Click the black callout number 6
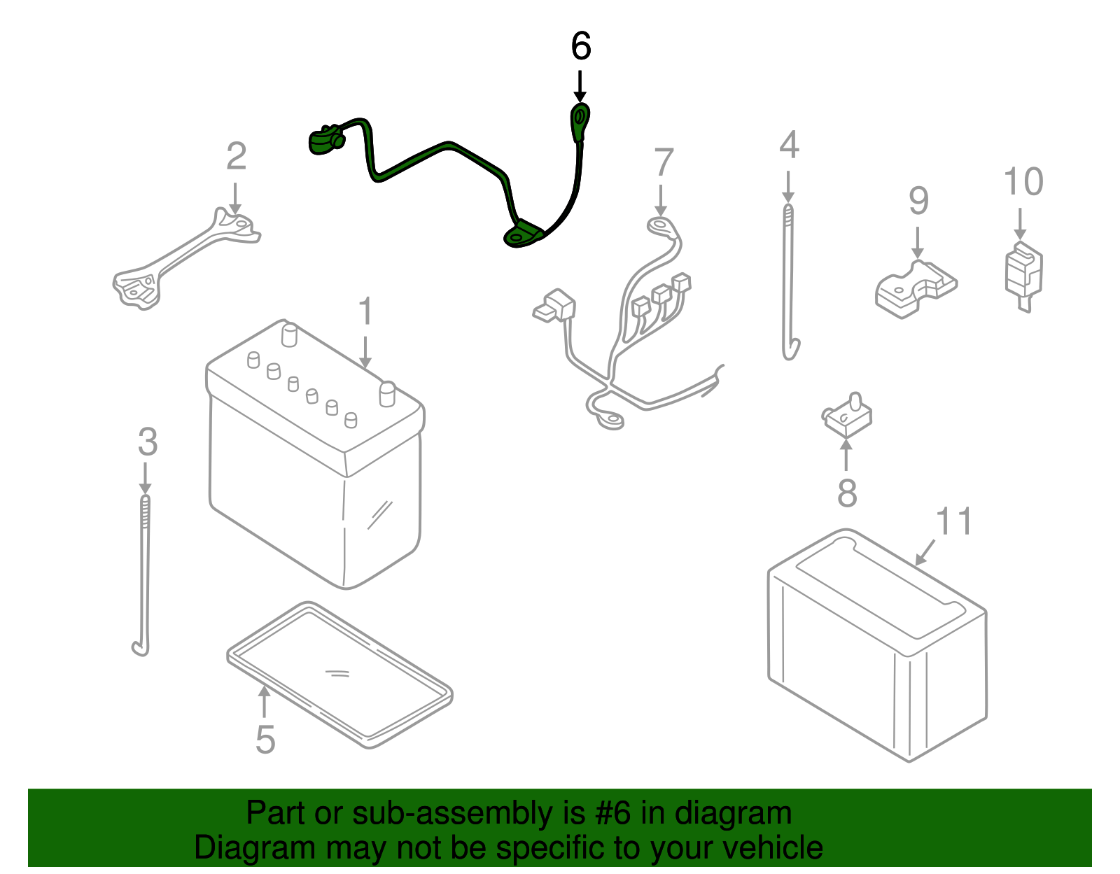point(581,46)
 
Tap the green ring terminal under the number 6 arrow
point(580,119)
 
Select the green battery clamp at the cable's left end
point(325,139)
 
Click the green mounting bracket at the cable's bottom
point(522,235)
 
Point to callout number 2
point(237,156)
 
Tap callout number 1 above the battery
point(365,311)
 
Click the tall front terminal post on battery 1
point(387,393)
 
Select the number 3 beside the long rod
point(147,442)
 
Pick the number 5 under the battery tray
point(265,739)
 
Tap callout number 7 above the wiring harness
point(663,162)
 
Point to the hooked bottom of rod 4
point(791,350)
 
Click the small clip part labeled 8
point(847,416)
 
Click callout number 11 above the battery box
point(953,522)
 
